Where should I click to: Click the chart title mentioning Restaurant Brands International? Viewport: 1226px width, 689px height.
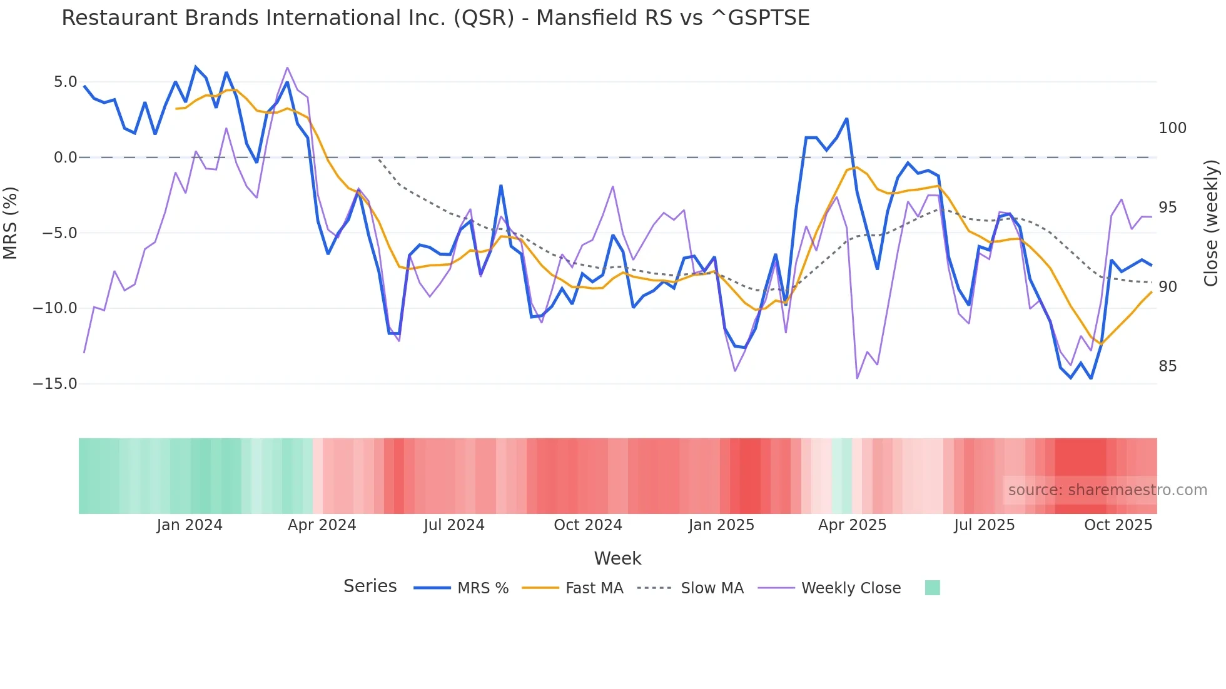coord(435,18)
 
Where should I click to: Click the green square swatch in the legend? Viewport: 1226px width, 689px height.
coord(932,588)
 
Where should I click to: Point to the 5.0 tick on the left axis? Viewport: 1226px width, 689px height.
coord(65,82)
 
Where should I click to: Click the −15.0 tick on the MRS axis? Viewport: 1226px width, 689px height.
coord(55,384)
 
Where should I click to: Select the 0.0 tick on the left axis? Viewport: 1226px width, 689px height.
coord(65,158)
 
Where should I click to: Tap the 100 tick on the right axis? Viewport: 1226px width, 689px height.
coord(1172,128)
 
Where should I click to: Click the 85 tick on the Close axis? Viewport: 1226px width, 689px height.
coord(1167,366)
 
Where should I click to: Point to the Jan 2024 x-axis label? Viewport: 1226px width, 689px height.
coord(190,525)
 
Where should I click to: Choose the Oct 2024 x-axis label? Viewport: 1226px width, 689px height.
coord(588,525)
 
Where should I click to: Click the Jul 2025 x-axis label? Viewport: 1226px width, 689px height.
coord(984,525)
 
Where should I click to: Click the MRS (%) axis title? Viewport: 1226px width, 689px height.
coord(11,223)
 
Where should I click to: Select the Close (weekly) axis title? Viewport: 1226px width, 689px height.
coord(1212,223)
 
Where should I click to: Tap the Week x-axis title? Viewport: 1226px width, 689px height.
coord(617,558)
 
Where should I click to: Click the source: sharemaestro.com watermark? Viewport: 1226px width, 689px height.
coord(1107,490)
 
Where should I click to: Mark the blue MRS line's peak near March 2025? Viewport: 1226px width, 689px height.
coord(846,119)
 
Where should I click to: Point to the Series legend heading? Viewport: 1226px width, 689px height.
coord(370,586)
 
